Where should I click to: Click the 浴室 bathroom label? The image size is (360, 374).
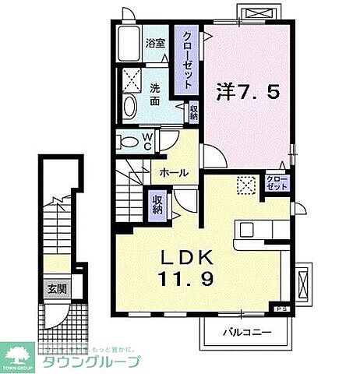pos(154,43)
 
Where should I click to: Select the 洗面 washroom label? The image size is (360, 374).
pos(155,96)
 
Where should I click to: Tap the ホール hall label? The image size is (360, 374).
pos(174,172)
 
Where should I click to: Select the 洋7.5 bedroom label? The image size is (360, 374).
pos(251,93)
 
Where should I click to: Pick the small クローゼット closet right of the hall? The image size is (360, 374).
pos(277,184)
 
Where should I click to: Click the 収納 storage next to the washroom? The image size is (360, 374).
pos(193,111)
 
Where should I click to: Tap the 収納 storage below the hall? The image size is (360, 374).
pos(157,204)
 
